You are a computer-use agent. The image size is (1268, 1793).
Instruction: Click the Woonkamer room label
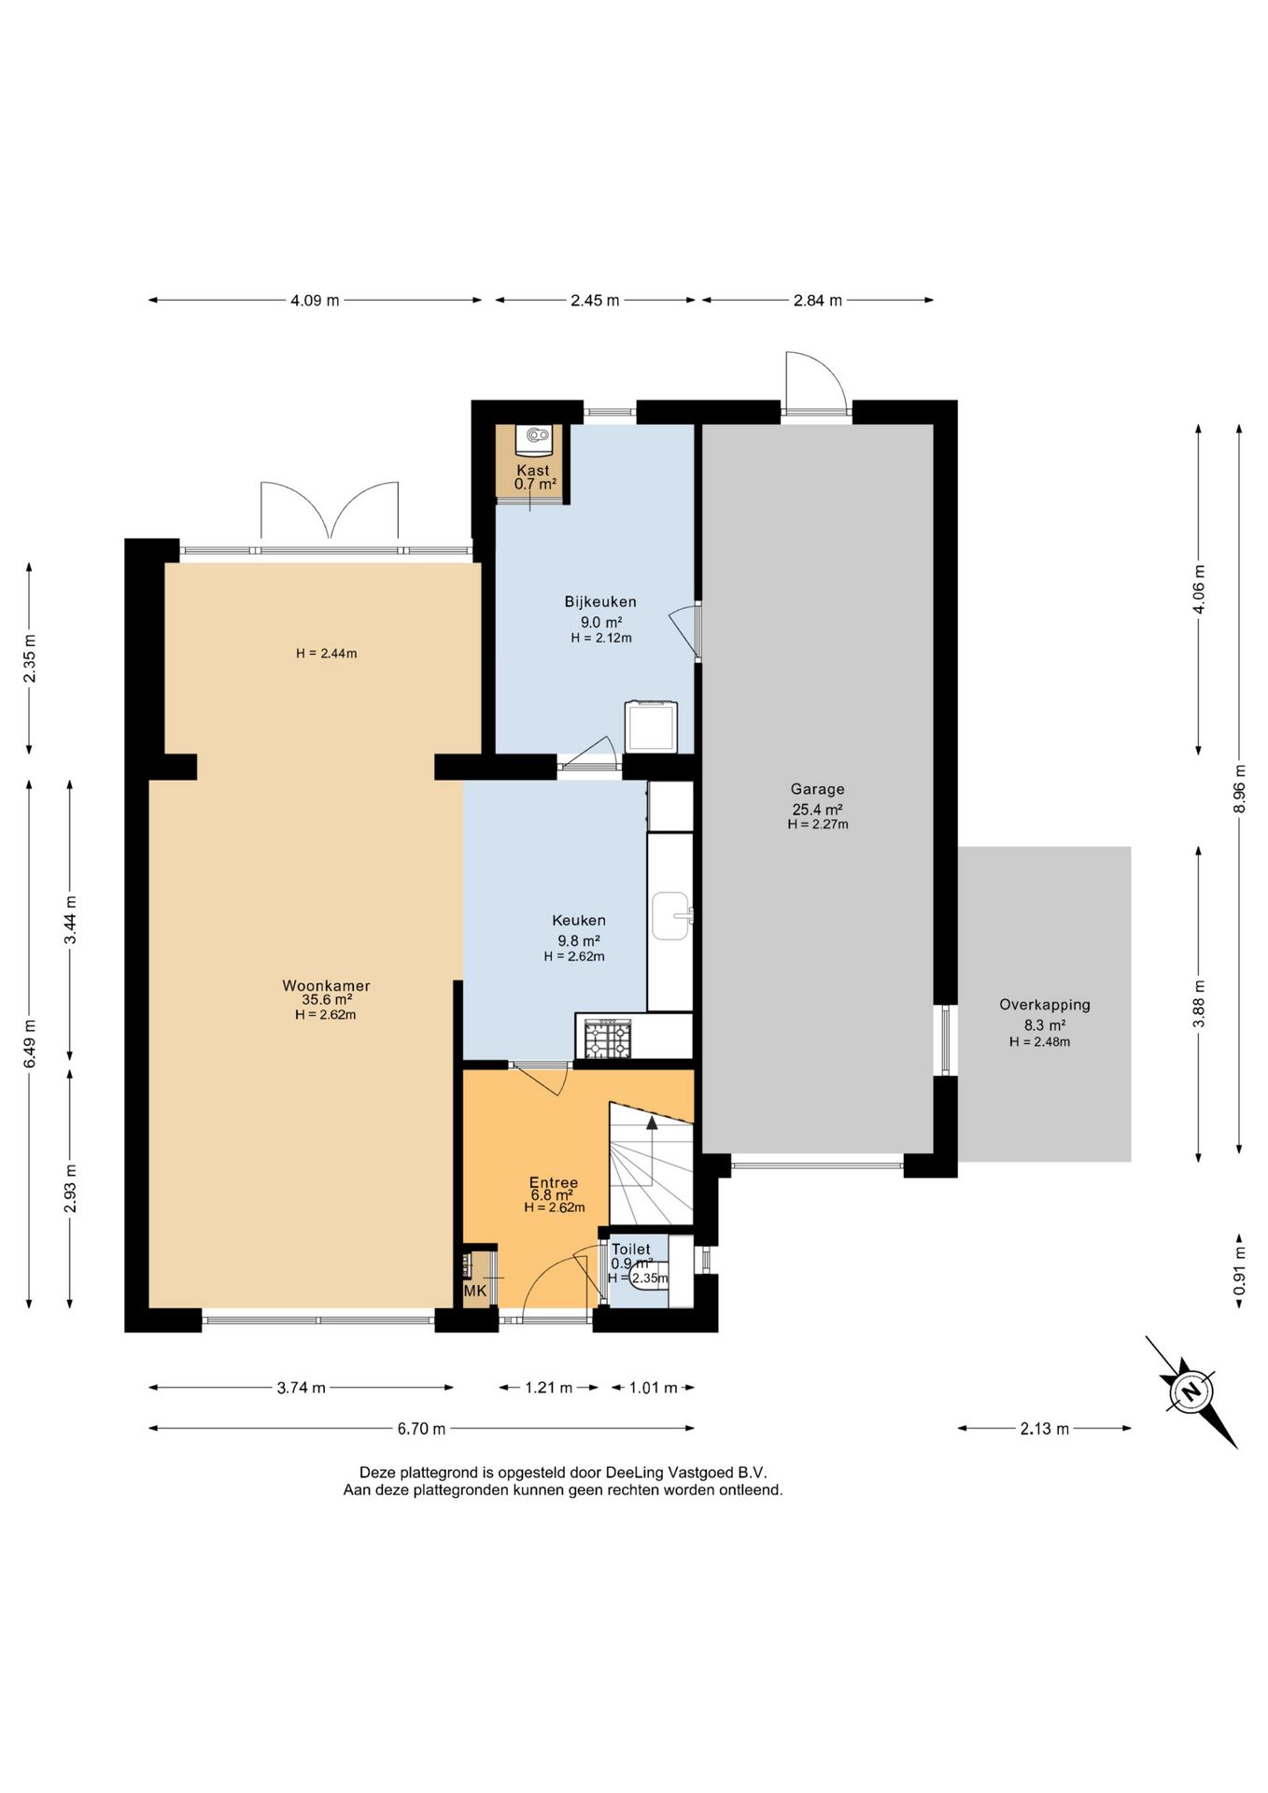(326, 985)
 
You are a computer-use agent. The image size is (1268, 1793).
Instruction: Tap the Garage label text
(817, 789)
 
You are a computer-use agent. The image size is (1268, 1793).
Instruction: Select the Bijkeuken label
(600, 601)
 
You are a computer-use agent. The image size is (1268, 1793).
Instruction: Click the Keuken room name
(579, 920)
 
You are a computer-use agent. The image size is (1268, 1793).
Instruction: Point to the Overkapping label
(1045, 1006)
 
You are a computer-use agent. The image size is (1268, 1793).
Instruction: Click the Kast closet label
(533, 470)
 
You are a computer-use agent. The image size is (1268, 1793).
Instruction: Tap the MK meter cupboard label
(475, 1292)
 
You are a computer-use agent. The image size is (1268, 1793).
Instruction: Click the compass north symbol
(1191, 1391)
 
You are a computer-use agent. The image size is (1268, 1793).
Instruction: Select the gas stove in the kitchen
(608, 1038)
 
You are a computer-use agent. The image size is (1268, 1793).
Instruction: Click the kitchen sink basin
(670, 915)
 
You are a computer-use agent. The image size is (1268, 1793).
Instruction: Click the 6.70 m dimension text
(421, 1428)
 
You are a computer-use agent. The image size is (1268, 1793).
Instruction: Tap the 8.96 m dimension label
(1240, 789)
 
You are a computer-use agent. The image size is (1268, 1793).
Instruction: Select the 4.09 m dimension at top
(315, 301)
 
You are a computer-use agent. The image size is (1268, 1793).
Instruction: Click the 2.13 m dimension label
(1045, 1428)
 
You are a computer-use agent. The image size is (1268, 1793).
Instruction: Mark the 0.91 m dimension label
(1240, 1271)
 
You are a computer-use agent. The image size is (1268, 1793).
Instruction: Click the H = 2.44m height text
(327, 654)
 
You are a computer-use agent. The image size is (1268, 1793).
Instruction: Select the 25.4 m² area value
(817, 810)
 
